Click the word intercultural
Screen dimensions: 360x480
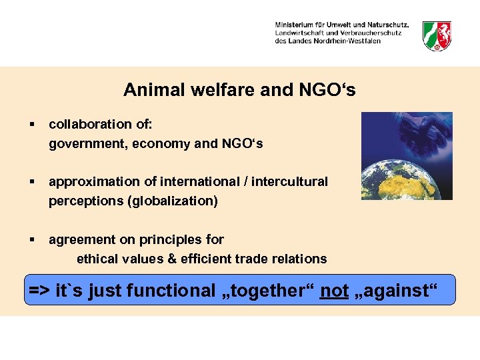(290, 181)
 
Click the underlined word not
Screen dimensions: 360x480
(334, 291)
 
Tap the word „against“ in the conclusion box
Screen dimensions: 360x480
(399, 291)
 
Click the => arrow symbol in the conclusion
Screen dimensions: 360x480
(40, 291)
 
